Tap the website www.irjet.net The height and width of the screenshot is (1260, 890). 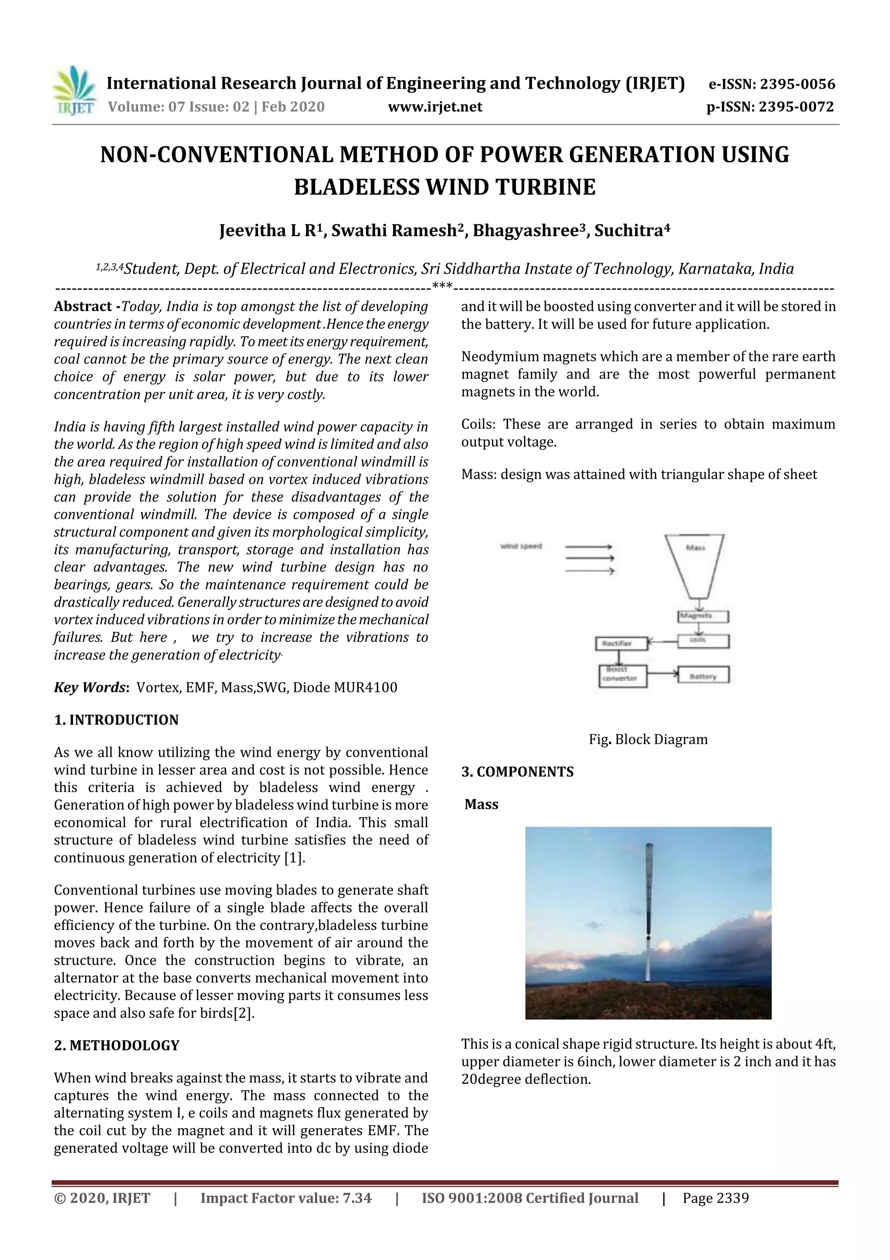(x=435, y=107)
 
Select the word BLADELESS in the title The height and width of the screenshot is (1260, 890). (x=356, y=187)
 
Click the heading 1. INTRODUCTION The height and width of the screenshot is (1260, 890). (x=116, y=719)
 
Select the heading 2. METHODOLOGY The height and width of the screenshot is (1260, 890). (x=117, y=1046)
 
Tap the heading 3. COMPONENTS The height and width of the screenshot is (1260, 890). (x=517, y=772)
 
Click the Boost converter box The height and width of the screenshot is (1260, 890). (x=622, y=675)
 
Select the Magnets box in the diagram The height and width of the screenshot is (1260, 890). (x=703, y=616)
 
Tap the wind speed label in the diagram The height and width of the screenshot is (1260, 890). (x=521, y=546)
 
